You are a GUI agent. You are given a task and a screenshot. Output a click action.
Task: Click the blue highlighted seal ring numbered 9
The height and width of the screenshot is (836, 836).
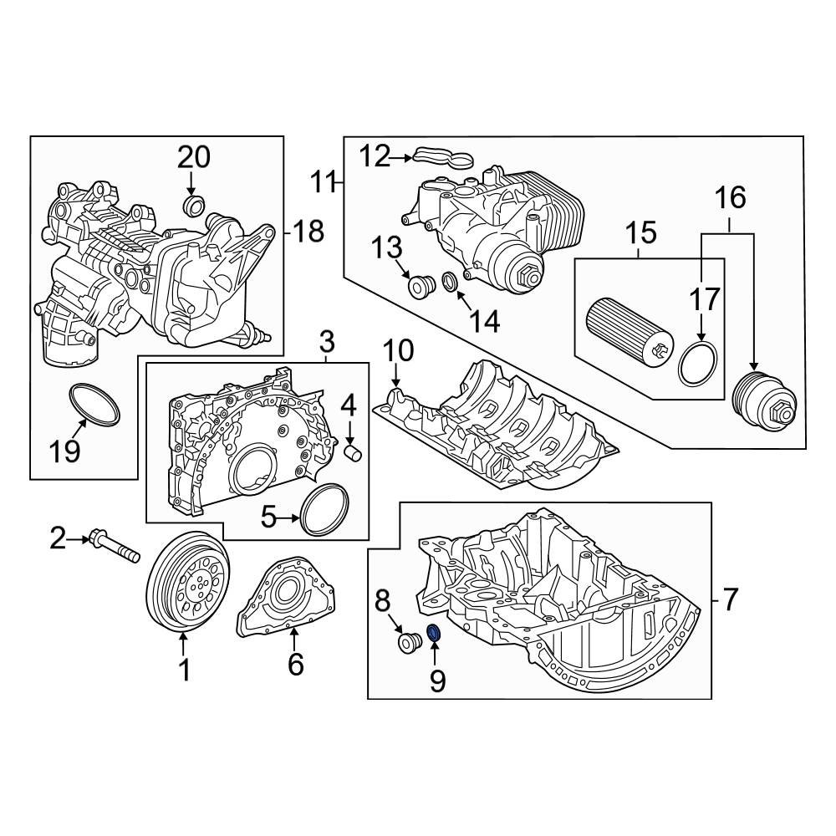pos(435,635)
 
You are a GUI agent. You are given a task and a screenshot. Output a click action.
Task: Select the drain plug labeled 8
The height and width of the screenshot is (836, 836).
pos(409,644)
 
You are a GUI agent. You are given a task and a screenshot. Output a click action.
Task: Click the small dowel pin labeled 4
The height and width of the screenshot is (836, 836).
pos(354,452)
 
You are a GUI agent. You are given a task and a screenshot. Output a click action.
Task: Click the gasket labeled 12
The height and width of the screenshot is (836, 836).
pos(441,157)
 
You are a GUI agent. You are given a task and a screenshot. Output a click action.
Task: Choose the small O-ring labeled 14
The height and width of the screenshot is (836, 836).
pos(449,283)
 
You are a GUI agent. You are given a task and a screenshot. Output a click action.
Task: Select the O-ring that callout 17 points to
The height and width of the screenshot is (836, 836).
pos(698,364)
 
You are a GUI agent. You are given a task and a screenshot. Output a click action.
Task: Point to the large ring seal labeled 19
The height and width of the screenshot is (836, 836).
pos(93,403)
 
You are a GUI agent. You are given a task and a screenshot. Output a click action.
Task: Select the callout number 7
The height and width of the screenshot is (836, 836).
pos(730,599)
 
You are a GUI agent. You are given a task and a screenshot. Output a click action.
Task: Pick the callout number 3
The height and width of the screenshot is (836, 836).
pos(326,341)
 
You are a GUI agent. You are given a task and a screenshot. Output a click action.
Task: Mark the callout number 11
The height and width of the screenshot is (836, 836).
pos(323,180)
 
